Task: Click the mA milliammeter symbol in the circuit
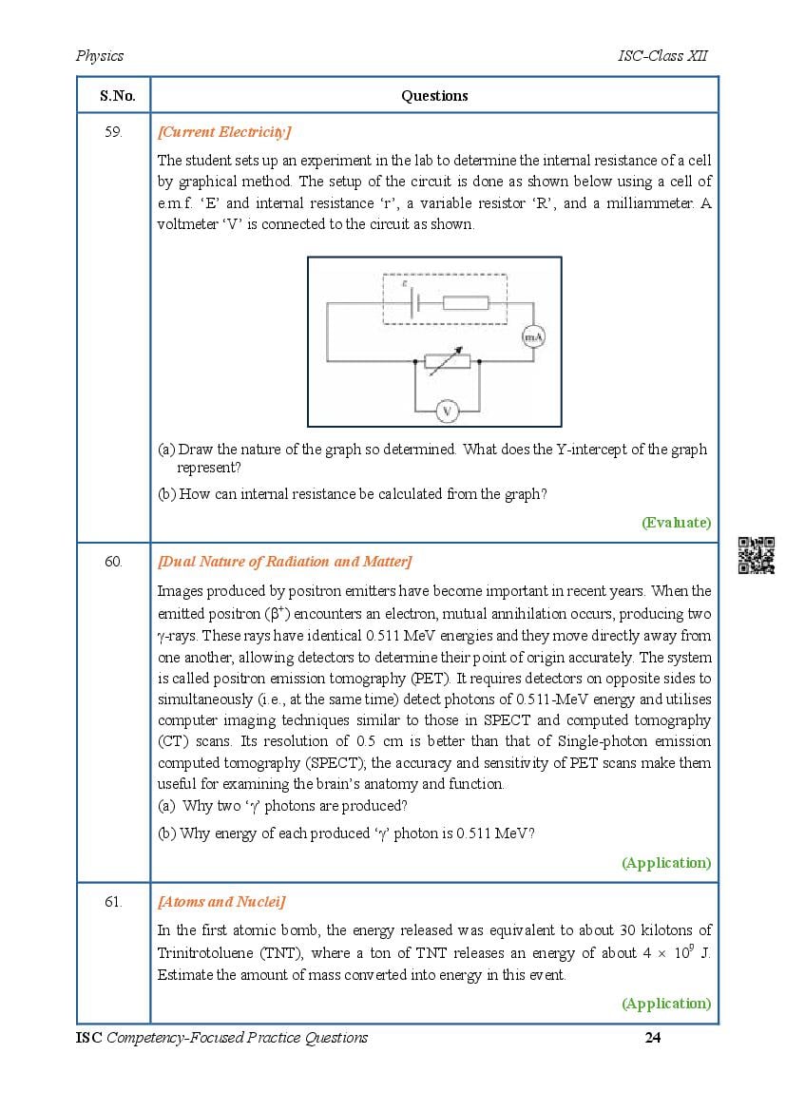[x=533, y=337]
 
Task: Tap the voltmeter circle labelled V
[x=447, y=411]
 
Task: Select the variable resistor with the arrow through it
[x=447, y=361]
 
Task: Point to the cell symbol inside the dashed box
[x=415, y=303]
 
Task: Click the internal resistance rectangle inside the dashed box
[x=466, y=303]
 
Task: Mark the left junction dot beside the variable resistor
[x=415, y=362]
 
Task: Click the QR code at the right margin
[x=757, y=555]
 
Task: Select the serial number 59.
[x=113, y=132]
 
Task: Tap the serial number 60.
[x=113, y=562]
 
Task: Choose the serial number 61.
[x=113, y=902]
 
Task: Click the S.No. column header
[x=117, y=96]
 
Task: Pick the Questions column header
[x=434, y=96]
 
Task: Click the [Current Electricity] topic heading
[x=224, y=132]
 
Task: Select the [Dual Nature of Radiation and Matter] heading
[x=284, y=562]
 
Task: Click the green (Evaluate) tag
[x=676, y=522]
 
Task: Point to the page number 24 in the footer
[x=652, y=1037]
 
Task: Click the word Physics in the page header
[x=100, y=56]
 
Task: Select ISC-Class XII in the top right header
[x=662, y=56]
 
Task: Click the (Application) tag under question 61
[x=665, y=1003]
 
